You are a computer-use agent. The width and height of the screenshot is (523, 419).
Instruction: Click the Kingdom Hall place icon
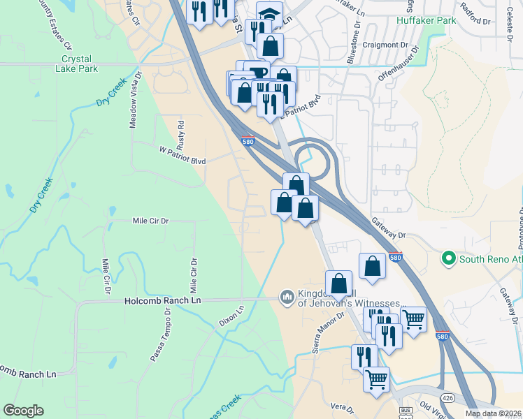(x=286, y=298)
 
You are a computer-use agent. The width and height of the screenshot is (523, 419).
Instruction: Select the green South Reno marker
(x=448, y=259)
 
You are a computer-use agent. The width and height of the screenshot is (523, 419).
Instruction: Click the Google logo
(x=23, y=411)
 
